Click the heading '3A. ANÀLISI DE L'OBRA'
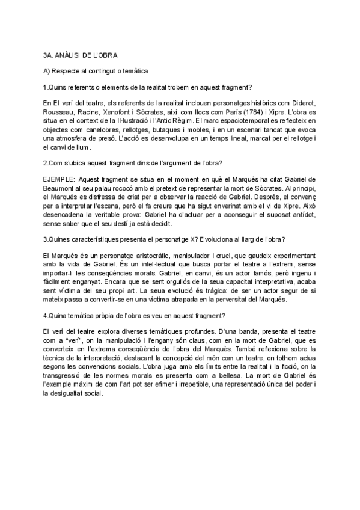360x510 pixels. (x=76, y=55)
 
